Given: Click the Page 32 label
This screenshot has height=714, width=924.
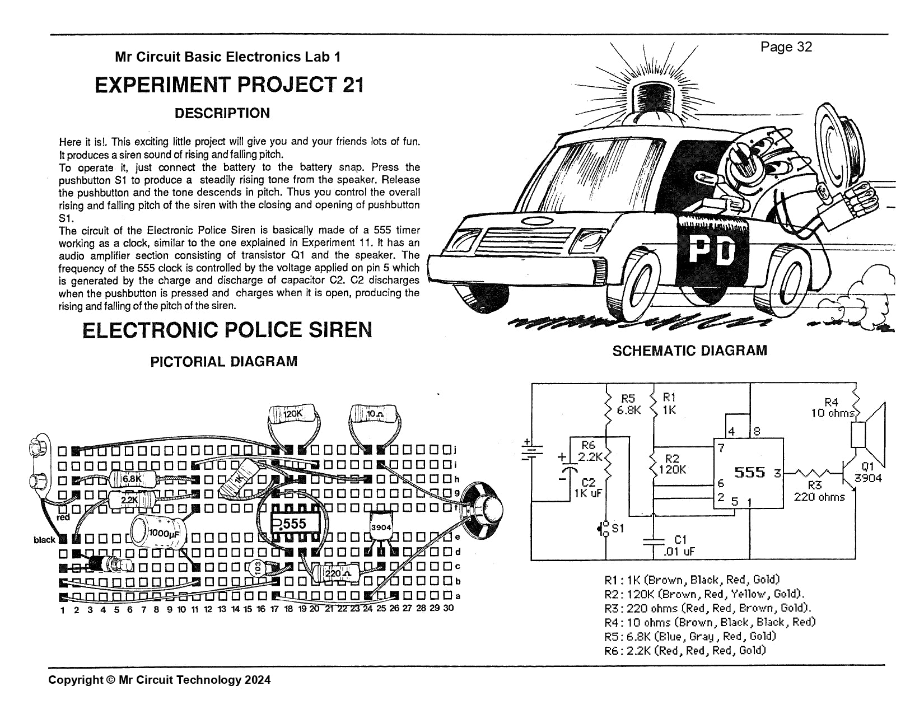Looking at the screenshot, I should pos(786,47).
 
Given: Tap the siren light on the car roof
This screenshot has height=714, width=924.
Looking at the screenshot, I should pos(659,99).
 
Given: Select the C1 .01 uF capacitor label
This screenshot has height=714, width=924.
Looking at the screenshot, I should pos(678,545).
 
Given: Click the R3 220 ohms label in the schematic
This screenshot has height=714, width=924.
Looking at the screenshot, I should pos(819,492).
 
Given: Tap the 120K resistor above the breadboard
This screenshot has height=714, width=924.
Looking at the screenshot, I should pos(293,414).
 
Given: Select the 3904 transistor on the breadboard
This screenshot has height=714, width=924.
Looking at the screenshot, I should pos(381,529).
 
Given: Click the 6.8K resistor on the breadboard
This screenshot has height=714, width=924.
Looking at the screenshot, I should pos(132,479).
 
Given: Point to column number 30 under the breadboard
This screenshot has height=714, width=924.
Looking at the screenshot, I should pos(449,608).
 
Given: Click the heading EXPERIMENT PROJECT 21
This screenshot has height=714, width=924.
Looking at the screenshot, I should pos(229,85).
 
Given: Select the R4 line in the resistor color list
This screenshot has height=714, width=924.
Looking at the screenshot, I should pos(710,622).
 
